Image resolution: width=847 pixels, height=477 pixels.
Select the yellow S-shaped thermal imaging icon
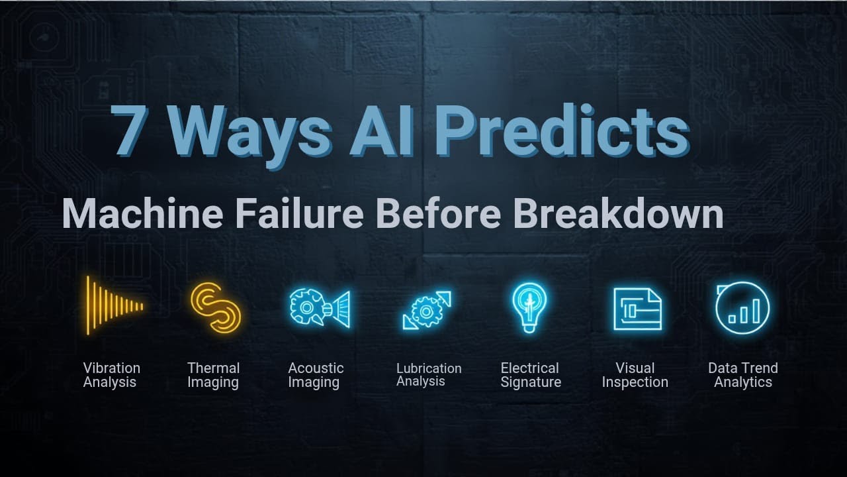coord(214,307)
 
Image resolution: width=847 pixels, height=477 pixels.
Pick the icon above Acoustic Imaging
coord(320,307)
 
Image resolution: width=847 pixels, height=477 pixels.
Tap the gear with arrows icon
coord(427,309)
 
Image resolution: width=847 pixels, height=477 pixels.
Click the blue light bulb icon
coord(529,305)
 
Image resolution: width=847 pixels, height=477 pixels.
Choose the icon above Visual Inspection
coord(637,309)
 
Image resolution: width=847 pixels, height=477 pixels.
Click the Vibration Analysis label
coord(111,375)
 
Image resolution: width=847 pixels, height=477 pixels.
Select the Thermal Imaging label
coord(213,375)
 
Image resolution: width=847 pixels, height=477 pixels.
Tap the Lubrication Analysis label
coord(429,374)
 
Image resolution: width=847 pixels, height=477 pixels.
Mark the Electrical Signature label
coord(530,375)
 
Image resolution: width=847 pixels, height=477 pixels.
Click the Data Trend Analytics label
coord(742,375)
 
